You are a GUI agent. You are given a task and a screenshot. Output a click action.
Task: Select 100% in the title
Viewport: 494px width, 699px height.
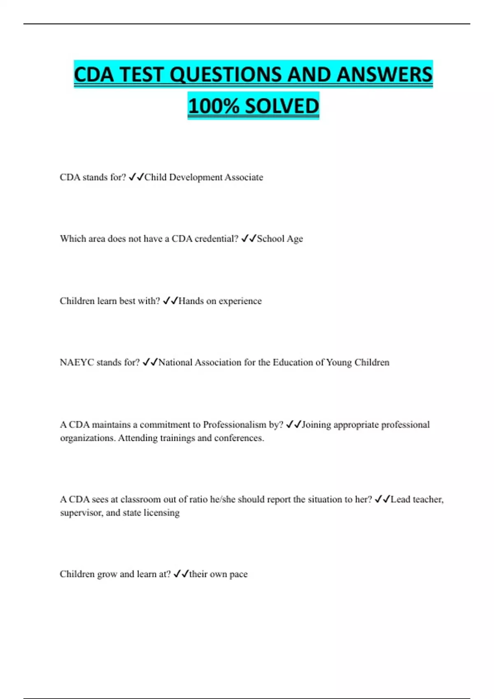[214, 106]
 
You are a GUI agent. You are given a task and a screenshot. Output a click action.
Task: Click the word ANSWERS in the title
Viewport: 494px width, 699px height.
[384, 75]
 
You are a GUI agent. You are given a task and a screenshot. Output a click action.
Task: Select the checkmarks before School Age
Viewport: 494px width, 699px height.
[249, 238]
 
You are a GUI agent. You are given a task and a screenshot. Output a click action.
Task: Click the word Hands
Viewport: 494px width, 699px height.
[191, 301]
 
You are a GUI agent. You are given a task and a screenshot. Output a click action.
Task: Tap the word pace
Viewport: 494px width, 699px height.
[238, 574]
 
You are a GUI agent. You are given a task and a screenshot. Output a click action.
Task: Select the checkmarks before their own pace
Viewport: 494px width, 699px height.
[181, 574]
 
